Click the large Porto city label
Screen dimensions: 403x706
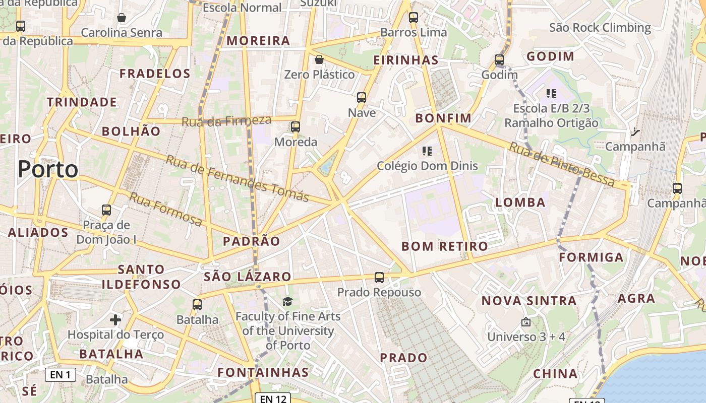click(x=48, y=169)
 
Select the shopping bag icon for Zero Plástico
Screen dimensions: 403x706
click(x=319, y=60)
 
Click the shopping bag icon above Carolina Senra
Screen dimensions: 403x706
click(x=122, y=18)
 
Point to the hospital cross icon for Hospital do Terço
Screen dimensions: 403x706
click(x=115, y=319)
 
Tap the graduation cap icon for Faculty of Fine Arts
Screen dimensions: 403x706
click(x=287, y=301)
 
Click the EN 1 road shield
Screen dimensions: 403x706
click(x=61, y=374)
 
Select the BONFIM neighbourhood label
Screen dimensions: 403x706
click(x=443, y=118)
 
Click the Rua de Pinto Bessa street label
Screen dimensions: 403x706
click(x=562, y=164)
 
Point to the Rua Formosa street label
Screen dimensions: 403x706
click(x=165, y=209)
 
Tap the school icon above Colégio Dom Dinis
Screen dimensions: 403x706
click(x=427, y=151)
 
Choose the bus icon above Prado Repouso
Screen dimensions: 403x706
click(x=379, y=278)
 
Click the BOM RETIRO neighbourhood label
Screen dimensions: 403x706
click(x=444, y=246)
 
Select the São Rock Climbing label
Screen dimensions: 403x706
click(x=600, y=27)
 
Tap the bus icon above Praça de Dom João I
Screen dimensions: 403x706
click(x=106, y=210)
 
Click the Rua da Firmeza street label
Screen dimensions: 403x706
click(x=226, y=121)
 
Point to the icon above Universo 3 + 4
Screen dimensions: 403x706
click(x=526, y=321)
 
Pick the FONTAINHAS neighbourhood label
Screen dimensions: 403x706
click(x=263, y=372)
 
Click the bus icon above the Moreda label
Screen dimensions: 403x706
click(x=296, y=127)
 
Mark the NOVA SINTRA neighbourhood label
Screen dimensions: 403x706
click(x=528, y=301)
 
